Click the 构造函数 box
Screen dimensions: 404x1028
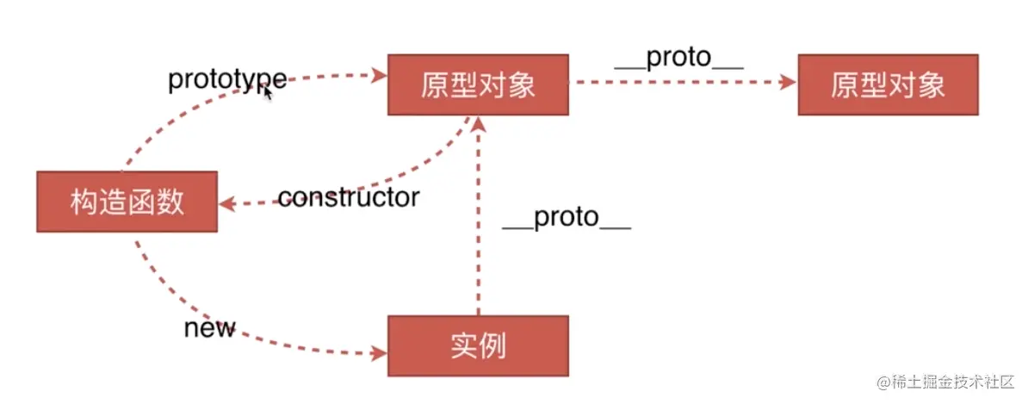pyautogui.click(x=126, y=202)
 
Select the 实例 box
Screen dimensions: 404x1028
pyautogui.click(x=478, y=345)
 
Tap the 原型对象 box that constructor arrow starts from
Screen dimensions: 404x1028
pyautogui.click(x=478, y=84)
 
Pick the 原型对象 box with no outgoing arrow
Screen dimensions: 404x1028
pyautogui.click(x=889, y=84)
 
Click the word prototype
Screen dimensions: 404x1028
pyautogui.click(x=226, y=79)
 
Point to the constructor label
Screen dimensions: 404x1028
pyautogui.click(x=348, y=198)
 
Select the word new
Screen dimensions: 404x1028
pyautogui.click(x=209, y=328)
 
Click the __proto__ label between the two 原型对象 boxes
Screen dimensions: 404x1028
pyautogui.click(x=678, y=59)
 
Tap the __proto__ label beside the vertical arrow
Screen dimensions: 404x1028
pyautogui.click(x=567, y=218)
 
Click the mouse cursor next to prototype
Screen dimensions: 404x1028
pyautogui.click(x=268, y=91)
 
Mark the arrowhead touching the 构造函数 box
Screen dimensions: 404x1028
pyautogui.click(x=226, y=204)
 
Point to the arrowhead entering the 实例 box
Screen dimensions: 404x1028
pyautogui.click(x=379, y=352)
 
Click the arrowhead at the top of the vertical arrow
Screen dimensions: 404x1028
pyautogui.click(x=479, y=122)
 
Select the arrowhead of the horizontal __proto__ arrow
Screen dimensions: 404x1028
pyautogui.click(x=787, y=83)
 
